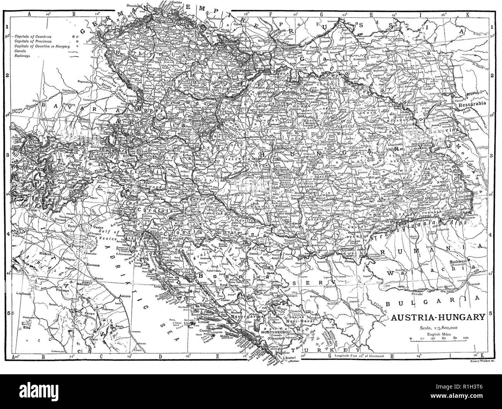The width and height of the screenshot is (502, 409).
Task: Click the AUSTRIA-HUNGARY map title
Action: coord(438,318)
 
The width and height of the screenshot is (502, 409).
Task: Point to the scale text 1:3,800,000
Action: coord(438,328)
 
